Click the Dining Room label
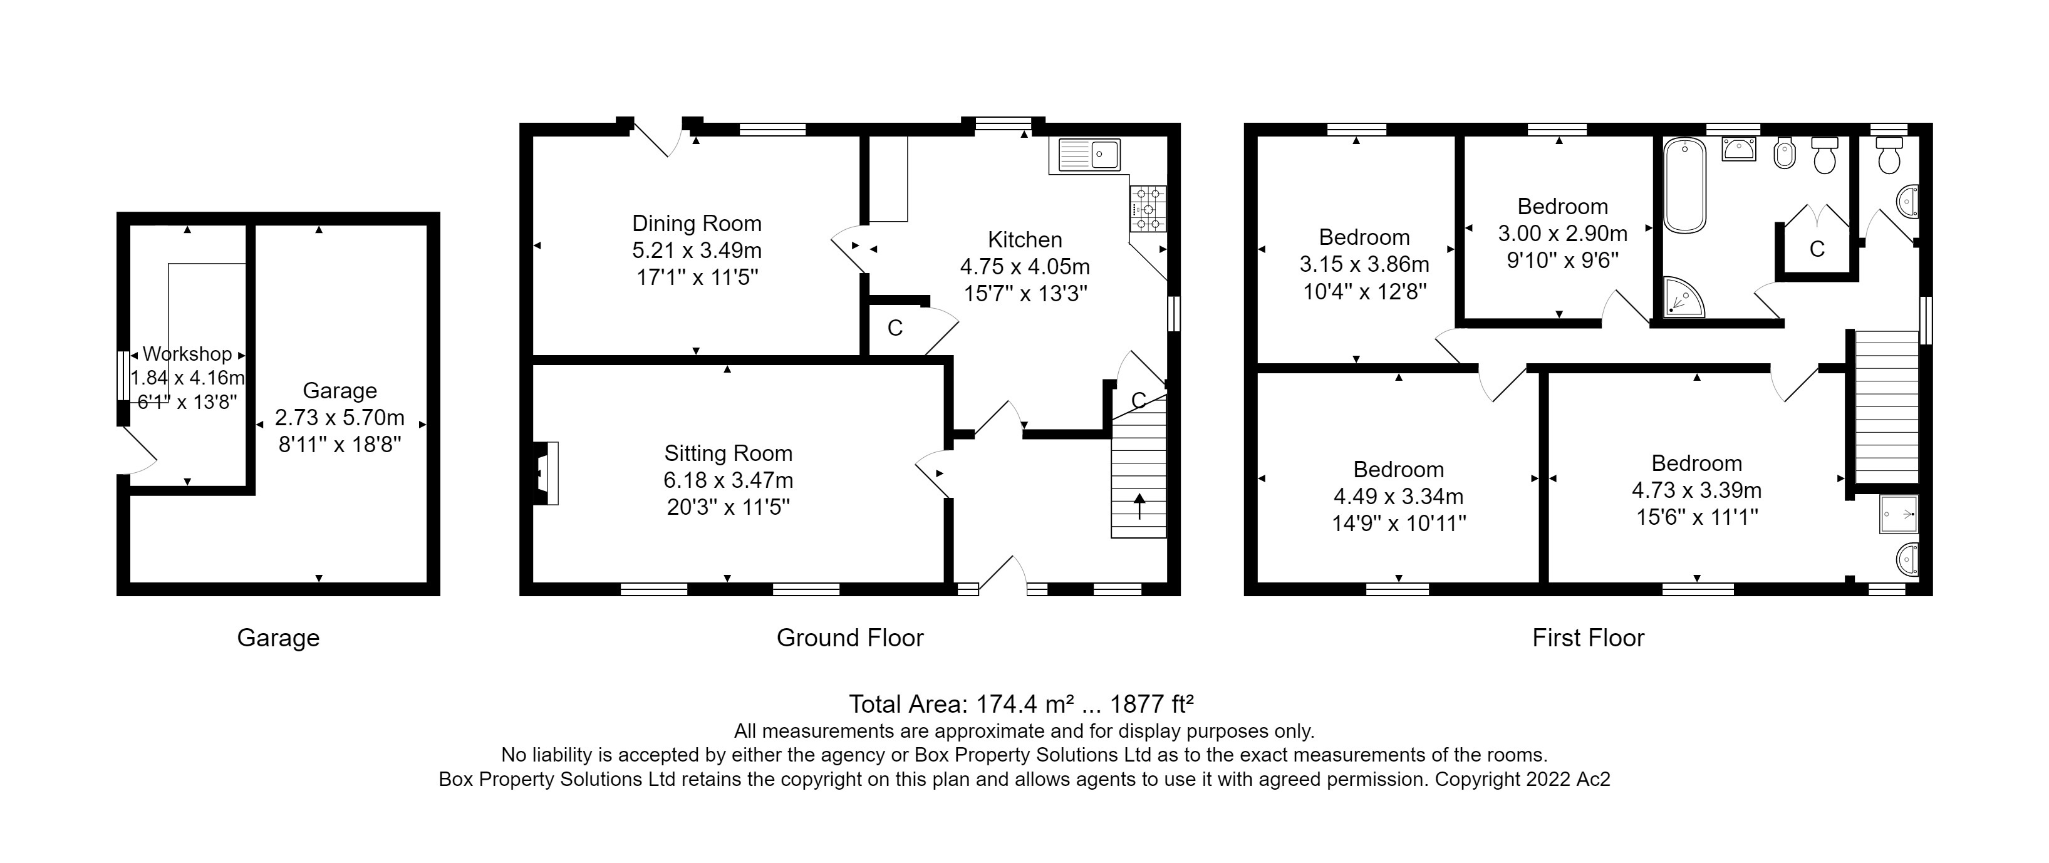[x=696, y=224]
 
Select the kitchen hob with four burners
[x=1148, y=209]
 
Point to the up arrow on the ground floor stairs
[x=1139, y=507]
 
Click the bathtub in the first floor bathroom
[x=1684, y=185]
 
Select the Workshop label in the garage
[x=187, y=354]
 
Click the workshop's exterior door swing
[x=140, y=453]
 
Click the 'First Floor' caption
[x=1588, y=638]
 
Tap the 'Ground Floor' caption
[x=849, y=638]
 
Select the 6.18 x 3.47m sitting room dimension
[x=728, y=480]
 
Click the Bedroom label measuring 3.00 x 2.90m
[x=1562, y=207]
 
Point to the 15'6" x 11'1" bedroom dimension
[x=1696, y=517]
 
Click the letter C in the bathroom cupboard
[x=1817, y=250]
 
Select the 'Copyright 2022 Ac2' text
[x=1522, y=780]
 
